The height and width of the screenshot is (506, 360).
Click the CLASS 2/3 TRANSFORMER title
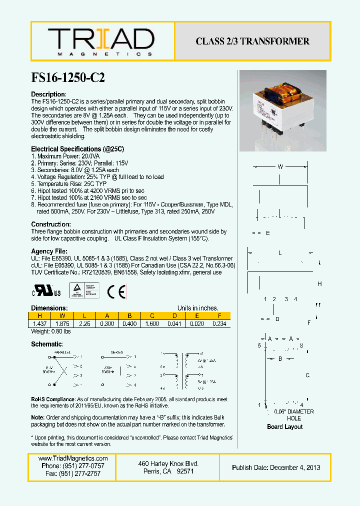click(252, 41)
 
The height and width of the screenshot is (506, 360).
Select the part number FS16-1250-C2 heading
click(68, 77)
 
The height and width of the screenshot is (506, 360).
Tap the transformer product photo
click(282, 110)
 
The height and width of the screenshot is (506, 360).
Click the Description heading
click(48, 94)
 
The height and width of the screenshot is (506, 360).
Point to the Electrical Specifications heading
click(77, 149)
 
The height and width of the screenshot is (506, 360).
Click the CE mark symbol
click(119, 290)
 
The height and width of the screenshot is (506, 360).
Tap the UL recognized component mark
click(47, 291)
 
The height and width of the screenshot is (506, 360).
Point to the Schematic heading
click(47, 344)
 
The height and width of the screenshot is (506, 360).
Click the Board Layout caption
click(284, 426)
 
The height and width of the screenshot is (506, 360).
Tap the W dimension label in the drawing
click(280, 167)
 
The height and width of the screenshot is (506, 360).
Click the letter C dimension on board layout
click(307, 375)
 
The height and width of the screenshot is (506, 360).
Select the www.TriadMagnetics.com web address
click(73, 458)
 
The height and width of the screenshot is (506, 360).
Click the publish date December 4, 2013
click(276, 467)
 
